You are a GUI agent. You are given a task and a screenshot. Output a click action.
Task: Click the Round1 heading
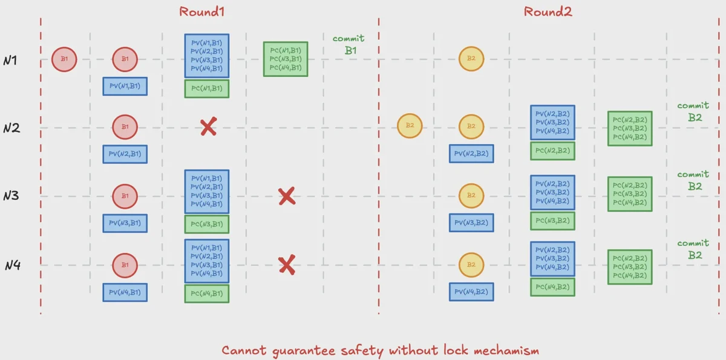[x=197, y=11]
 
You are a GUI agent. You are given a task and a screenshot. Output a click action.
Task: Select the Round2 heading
[x=548, y=11]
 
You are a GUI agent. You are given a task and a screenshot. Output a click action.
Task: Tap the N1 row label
[x=11, y=61]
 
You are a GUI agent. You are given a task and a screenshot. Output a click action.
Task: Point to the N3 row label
[x=11, y=196]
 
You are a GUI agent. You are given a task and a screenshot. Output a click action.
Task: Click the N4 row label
[x=12, y=265]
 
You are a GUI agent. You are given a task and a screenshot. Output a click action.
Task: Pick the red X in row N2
[x=208, y=127]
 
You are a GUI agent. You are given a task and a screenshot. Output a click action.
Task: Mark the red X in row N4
[x=286, y=265]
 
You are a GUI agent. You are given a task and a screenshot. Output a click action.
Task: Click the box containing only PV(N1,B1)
[x=125, y=87]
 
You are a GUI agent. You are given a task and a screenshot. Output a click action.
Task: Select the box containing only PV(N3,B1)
[x=125, y=223]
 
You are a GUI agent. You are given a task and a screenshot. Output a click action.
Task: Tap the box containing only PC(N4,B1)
[x=207, y=293]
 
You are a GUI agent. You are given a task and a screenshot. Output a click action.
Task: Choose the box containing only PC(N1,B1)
[x=207, y=88]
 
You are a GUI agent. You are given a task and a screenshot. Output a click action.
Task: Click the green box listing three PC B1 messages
[x=286, y=59]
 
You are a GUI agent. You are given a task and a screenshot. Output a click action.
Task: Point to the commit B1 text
[x=349, y=45]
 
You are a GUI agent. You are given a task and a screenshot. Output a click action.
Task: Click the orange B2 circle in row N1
[x=471, y=59]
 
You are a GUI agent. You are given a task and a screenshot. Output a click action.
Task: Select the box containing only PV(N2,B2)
[x=471, y=154]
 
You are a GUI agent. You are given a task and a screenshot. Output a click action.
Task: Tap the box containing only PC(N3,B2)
[x=552, y=221]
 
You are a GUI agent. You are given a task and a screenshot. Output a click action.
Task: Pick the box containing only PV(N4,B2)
[x=471, y=292]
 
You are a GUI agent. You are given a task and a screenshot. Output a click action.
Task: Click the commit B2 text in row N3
[x=693, y=180]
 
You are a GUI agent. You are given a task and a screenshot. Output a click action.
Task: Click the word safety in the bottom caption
[x=361, y=350]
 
